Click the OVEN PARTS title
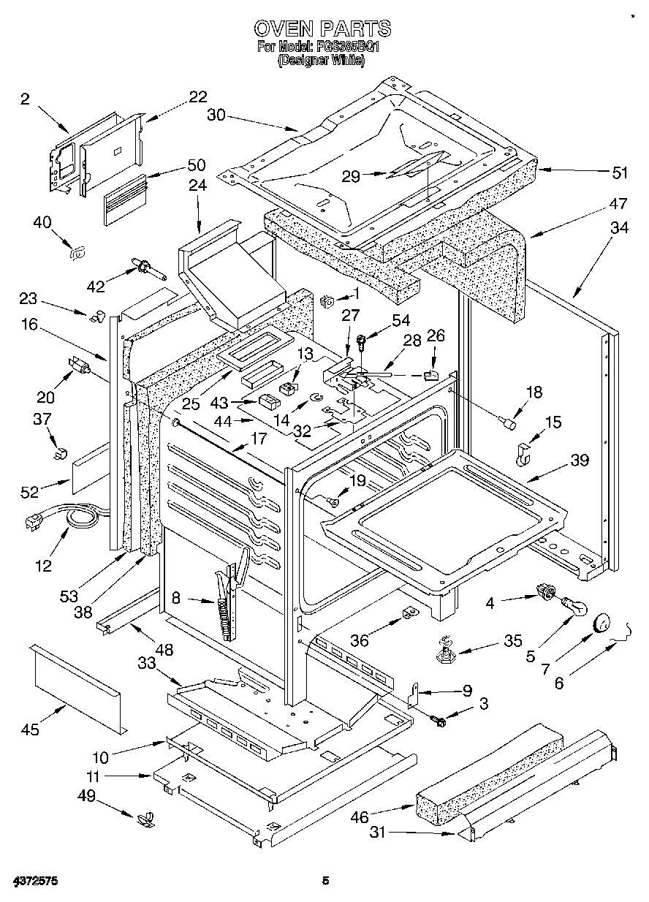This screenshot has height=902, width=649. point(322,29)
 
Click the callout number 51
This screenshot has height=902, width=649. point(620,173)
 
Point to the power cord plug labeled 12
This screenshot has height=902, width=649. point(33,521)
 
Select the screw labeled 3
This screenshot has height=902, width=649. point(439,721)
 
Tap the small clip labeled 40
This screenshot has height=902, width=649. point(75,253)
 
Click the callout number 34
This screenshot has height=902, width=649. point(619,228)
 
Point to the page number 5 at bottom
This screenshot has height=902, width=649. point(325,882)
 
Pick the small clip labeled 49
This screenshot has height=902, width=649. point(145,818)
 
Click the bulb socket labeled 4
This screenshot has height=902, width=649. point(543,589)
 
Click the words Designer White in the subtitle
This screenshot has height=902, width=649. point(322,61)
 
